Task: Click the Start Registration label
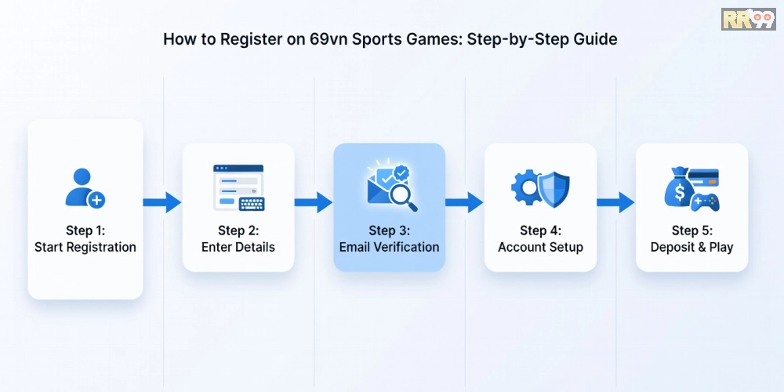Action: click(85, 247)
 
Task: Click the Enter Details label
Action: click(238, 247)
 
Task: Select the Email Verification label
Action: click(389, 247)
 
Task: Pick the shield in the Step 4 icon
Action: click(554, 188)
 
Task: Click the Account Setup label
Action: click(540, 247)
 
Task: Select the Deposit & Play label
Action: click(691, 247)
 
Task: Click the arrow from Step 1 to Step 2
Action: click(162, 202)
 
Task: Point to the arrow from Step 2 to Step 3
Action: click(314, 202)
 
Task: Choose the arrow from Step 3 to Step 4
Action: click(464, 202)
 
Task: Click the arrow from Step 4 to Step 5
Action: click(615, 202)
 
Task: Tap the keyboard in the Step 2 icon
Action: click(252, 204)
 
